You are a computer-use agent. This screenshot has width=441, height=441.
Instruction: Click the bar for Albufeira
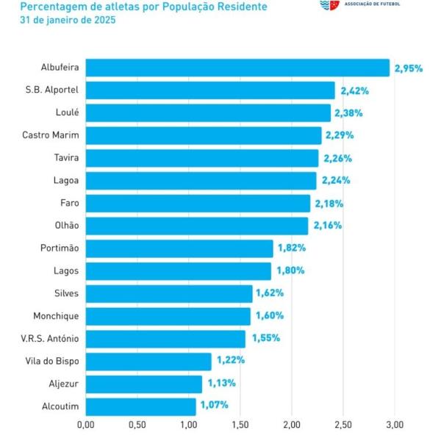[237, 68]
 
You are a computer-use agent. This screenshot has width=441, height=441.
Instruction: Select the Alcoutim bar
[140, 406]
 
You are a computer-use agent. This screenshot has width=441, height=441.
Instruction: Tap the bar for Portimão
[179, 248]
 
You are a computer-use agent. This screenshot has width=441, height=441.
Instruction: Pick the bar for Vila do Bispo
[148, 361]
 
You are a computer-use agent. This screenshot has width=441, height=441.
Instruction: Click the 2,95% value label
[409, 68]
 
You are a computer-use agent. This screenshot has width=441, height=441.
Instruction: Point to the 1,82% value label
[291, 248]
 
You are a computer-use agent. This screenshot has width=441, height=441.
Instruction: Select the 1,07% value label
[214, 405]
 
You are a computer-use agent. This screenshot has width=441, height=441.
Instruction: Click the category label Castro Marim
[51, 135]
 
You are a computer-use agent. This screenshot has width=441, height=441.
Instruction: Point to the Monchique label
[56, 315]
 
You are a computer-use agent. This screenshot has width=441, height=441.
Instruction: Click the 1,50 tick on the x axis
[240, 424]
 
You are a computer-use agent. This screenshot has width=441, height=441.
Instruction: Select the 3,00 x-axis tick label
[395, 424]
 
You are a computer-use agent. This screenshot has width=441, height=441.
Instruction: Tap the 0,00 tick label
[85, 424]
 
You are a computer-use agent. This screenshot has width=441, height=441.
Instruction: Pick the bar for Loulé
[208, 112]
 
